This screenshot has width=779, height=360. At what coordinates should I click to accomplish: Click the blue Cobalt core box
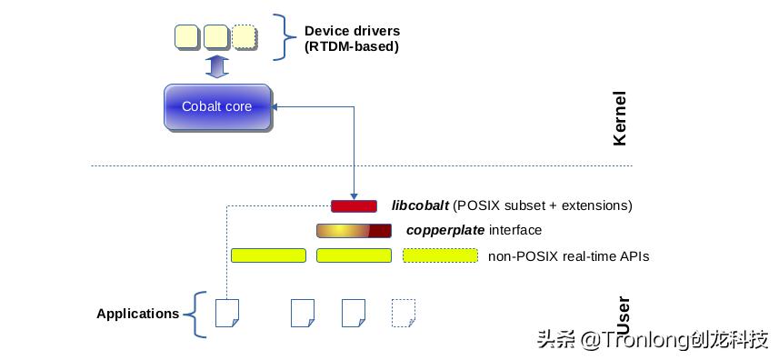point(217,107)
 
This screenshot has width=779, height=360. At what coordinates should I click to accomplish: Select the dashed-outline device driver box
point(244,37)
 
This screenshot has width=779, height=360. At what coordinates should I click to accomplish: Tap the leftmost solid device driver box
point(186,37)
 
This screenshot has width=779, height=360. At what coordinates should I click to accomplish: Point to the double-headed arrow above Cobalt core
point(216,66)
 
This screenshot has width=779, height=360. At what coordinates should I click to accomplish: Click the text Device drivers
point(351,31)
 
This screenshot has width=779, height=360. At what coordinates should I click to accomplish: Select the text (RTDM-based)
point(351,46)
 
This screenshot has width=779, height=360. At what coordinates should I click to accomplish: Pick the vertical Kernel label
point(620,118)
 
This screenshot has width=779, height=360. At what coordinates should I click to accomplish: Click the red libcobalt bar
point(354,206)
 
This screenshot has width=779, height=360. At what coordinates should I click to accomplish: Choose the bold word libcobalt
point(420,205)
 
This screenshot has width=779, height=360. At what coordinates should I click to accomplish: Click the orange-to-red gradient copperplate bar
point(354,231)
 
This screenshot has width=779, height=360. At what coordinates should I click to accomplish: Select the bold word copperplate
point(444,230)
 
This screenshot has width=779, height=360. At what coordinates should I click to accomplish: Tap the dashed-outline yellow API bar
point(440,255)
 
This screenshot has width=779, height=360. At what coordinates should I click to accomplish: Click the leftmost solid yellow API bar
point(268,255)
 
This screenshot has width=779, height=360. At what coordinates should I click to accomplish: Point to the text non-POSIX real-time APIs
point(568,256)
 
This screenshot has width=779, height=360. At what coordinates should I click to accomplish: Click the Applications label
point(137,314)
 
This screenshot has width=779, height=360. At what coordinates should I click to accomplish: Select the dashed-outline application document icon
point(404,313)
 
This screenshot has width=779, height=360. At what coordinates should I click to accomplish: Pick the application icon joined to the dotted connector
point(226,313)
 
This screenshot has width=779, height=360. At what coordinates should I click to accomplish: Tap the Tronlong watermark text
point(652,340)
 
